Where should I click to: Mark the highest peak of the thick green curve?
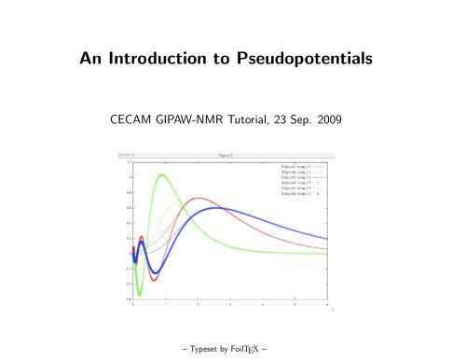pos(163,175)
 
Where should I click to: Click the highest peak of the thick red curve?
pos(199,198)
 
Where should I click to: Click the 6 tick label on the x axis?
pos(328,305)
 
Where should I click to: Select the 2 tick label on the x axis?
pos(199,305)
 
